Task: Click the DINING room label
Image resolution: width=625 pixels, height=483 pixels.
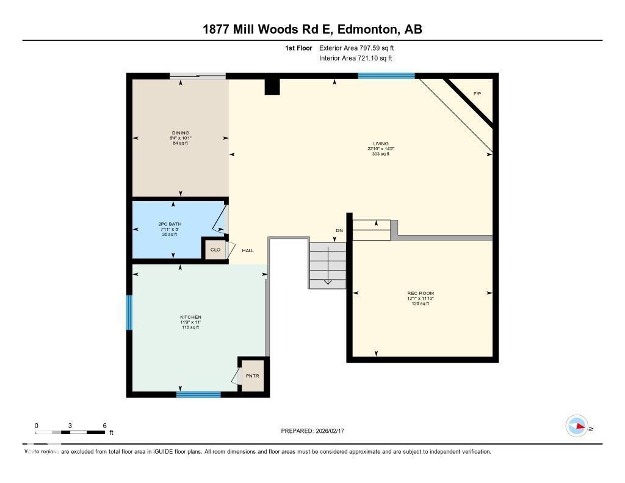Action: click(180, 133)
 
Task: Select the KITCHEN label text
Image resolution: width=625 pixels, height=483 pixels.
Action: click(190, 318)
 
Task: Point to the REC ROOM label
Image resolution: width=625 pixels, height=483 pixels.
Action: click(421, 294)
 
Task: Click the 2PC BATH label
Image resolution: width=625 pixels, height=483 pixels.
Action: click(166, 225)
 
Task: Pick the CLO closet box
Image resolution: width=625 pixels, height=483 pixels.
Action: click(215, 250)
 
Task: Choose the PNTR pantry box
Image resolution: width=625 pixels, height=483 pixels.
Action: click(253, 376)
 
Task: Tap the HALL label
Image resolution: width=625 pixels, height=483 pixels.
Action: click(248, 250)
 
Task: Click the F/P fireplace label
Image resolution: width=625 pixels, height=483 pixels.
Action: click(477, 94)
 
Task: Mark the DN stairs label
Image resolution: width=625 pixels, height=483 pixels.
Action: click(339, 230)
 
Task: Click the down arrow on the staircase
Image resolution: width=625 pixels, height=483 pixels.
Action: click(327, 269)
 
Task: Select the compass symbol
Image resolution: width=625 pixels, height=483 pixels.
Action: click(577, 426)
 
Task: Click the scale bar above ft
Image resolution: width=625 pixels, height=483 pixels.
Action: click(70, 432)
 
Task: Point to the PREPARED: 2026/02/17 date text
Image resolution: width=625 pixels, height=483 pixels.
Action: click(316, 431)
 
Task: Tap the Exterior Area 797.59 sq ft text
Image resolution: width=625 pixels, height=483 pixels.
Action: click(361, 48)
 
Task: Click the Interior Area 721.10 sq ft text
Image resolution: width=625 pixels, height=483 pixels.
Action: click(355, 59)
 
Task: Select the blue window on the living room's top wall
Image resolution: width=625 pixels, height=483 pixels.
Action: click(386, 76)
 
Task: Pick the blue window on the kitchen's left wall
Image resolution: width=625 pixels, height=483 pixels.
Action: click(129, 313)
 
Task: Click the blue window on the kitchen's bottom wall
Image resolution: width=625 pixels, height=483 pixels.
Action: click(198, 394)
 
